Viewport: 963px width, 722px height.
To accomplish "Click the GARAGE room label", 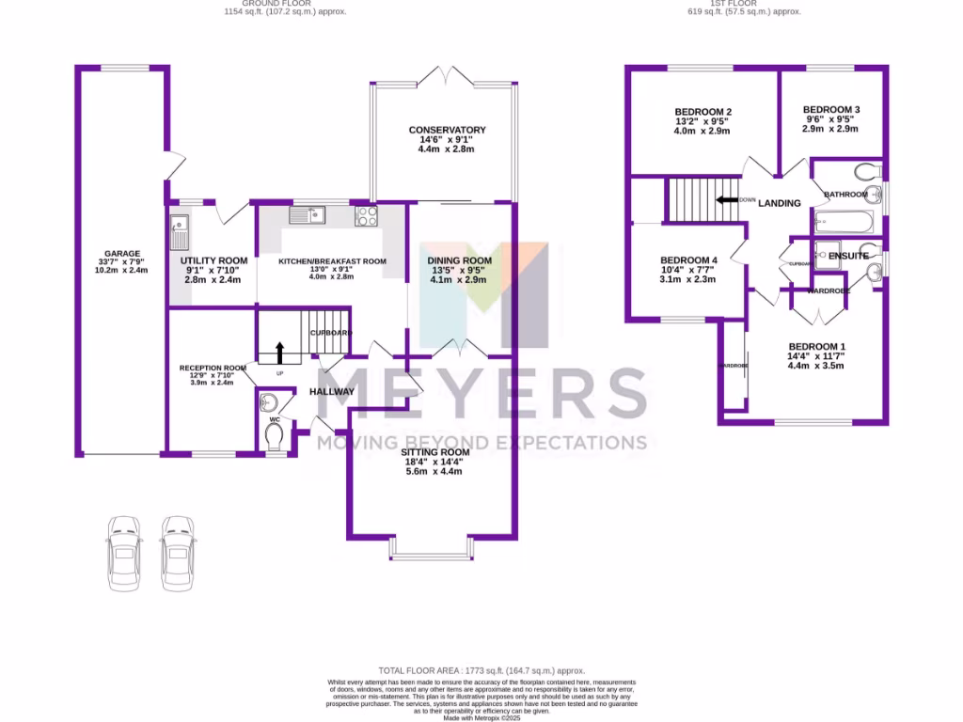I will point(122,253).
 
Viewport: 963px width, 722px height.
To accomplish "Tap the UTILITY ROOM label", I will point(213,260).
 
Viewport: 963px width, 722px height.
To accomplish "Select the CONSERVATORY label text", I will point(447,130).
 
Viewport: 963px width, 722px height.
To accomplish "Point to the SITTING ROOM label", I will point(434,451).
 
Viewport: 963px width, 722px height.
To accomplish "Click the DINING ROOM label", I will point(460,260).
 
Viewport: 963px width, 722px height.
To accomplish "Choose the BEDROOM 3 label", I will point(831,110).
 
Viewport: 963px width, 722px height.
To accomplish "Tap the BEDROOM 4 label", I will point(688,260).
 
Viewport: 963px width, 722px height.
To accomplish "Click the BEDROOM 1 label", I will point(816,345).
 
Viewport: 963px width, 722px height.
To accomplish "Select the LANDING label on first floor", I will point(780,203).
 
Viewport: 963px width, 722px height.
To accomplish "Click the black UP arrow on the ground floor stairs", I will point(279,352).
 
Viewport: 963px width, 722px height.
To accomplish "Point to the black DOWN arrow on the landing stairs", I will point(726,199).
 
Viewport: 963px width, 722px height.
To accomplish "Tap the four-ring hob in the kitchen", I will point(366,215).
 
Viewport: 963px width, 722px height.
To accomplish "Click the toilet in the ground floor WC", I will point(275,437).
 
